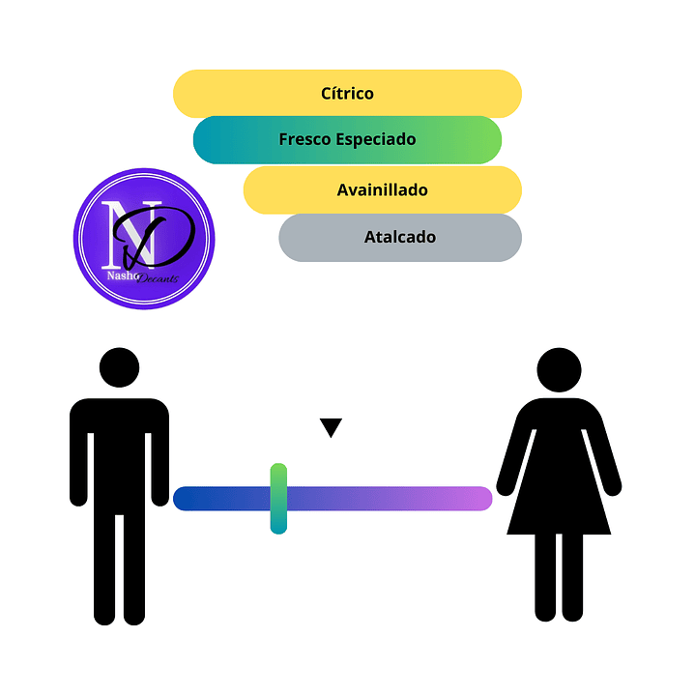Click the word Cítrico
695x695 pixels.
tap(347, 94)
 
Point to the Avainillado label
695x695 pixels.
tap(382, 190)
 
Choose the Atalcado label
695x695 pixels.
tap(399, 237)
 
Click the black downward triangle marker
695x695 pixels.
tap(332, 427)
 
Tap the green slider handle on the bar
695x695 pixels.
tap(278, 499)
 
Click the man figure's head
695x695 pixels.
tap(120, 368)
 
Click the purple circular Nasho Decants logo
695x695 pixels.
tap(144, 239)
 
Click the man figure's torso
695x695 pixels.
tap(120, 445)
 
